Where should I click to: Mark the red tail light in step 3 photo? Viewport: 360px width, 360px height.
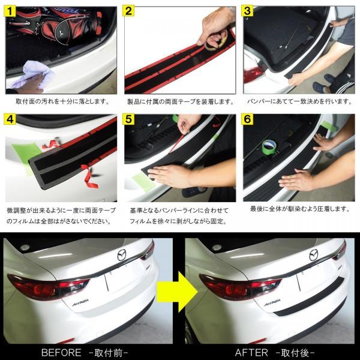tap(253, 75)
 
